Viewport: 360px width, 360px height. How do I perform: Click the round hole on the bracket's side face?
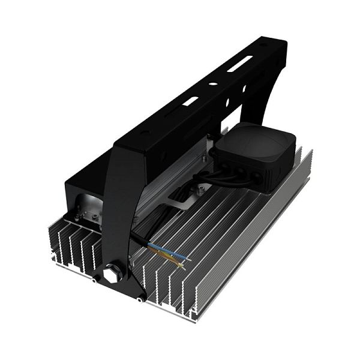pos(244,90)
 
